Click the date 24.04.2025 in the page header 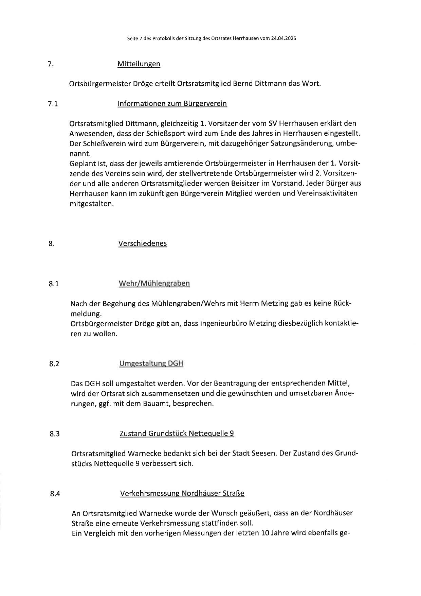pyautogui.click(x=283, y=39)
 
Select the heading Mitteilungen pyautogui.click(x=139, y=64)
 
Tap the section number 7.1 pyautogui.click(x=53, y=104)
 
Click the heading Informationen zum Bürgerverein pyautogui.click(x=172, y=103)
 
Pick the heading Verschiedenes pyautogui.click(x=143, y=243)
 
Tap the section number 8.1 pyautogui.click(x=54, y=284)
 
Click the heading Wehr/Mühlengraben pyautogui.click(x=154, y=283)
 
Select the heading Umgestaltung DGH pyautogui.click(x=151, y=363)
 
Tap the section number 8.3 pyautogui.click(x=55, y=434)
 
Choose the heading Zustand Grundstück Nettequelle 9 pyautogui.click(x=177, y=433)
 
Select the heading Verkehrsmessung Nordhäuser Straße pyautogui.click(x=182, y=493)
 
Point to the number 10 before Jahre pyautogui.click(x=264, y=533)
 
